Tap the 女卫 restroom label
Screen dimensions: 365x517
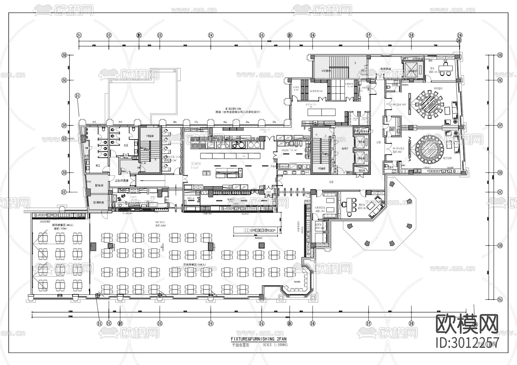tap(126, 145)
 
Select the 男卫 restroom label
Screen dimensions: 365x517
tap(98, 166)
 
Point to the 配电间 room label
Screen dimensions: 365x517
tap(99, 186)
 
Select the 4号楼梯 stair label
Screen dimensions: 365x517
tap(326, 71)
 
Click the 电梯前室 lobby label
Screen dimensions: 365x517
tap(386, 69)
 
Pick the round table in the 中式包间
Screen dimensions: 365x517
tap(430, 103)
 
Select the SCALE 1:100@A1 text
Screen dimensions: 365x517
tap(275, 345)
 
